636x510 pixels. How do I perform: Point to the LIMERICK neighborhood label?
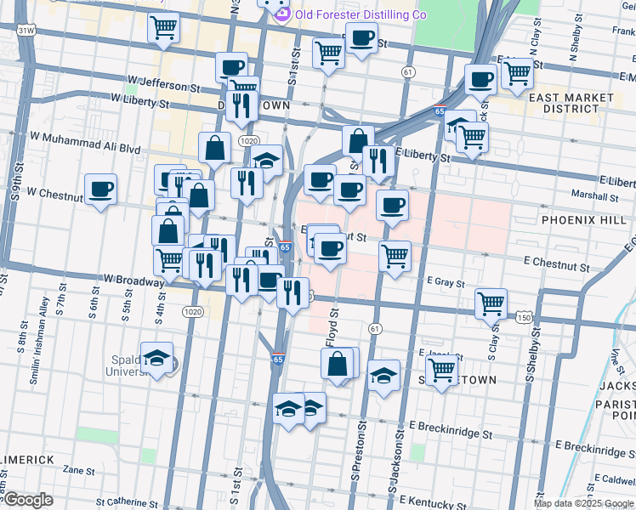pos(27,459)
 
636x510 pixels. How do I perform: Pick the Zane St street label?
pos(78,469)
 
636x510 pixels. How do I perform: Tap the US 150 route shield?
pos(523,317)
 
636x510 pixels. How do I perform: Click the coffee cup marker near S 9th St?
pos(101,190)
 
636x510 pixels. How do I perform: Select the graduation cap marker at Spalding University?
pos(156,358)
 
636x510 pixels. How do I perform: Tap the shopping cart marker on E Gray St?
pos(395,255)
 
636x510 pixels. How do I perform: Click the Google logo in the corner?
pos(28,501)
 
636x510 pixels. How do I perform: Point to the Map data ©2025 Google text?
pos(583,503)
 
